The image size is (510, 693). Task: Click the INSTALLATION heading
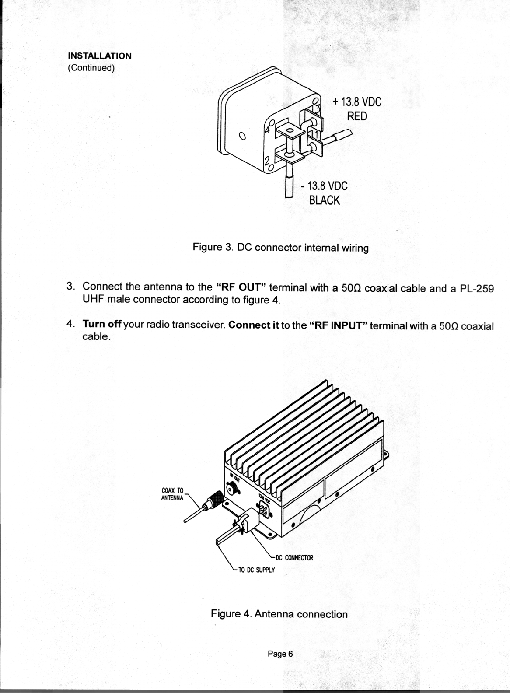click(x=99, y=56)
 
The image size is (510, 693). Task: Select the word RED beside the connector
click(x=356, y=116)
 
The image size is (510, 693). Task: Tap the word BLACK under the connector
click(x=324, y=200)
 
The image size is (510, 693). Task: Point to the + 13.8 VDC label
click(x=356, y=102)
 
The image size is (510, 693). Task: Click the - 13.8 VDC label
click(x=324, y=186)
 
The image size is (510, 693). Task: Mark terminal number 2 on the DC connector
click(x=266, y=161)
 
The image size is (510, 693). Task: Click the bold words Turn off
click(x=102, y=325)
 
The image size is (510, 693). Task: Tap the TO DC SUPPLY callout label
click(x=256, y=570)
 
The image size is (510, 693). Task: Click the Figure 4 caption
click(x=279, y=614)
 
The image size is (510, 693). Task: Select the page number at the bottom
click(x=280, y=654)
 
